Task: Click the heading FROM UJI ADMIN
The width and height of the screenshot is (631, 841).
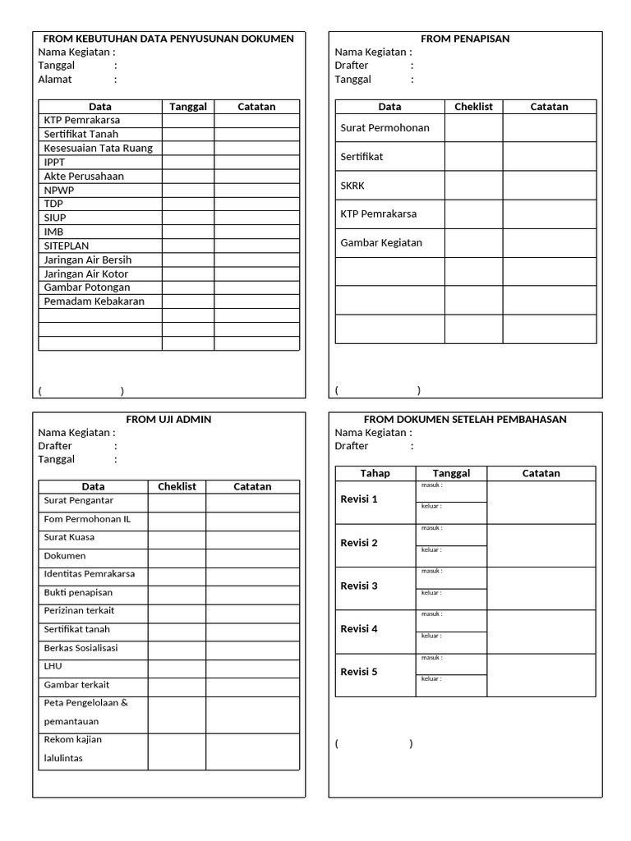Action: (168, 419)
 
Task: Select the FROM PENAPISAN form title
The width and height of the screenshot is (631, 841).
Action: (465, 39)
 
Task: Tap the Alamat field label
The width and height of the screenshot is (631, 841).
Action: (55, 80)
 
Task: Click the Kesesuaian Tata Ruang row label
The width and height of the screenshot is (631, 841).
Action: (98, 148)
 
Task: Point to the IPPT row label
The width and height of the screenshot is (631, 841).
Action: (54, 162)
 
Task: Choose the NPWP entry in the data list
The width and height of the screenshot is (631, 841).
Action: (58, 190)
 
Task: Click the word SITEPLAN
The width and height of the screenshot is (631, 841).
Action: (66, 246)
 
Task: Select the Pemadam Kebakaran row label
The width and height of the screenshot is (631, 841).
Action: (94, 301)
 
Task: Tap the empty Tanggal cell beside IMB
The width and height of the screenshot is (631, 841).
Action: (187, 232)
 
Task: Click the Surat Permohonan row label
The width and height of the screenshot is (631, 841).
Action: (385, 127)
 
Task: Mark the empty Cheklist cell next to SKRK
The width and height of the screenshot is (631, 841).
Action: (473, 186)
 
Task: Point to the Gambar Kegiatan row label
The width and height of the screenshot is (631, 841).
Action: (381, 242)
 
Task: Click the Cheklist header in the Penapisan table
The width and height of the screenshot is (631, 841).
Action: (473, 107)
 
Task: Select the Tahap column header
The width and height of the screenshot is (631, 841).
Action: (375, 473)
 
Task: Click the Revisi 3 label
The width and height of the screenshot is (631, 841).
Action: (359, 586)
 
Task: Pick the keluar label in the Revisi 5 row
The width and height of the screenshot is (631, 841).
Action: (432, 678)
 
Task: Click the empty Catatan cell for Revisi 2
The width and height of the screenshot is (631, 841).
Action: (541, 545)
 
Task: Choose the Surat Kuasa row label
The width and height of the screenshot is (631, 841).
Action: (69, 537)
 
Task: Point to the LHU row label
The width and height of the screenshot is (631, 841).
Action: (53, 666)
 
